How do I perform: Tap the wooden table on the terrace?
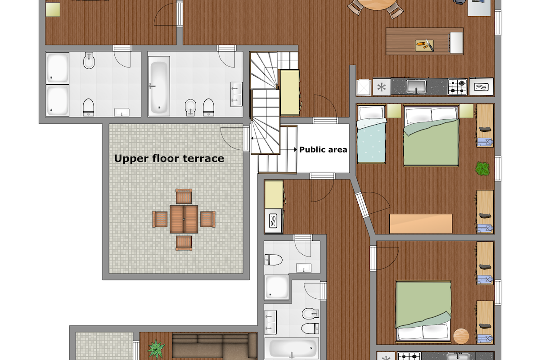pos(184,219)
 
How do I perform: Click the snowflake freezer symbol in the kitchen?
pos(382,87)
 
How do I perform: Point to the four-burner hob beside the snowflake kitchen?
pos(457,86)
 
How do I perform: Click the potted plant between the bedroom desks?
pos(482,169)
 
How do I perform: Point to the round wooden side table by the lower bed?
pos(461,336)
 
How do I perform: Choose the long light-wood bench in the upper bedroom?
pos(421,224)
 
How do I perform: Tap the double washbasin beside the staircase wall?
pos(236,94)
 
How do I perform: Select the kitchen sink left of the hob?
pos(416,86)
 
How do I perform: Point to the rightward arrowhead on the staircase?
pos(295,149)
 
